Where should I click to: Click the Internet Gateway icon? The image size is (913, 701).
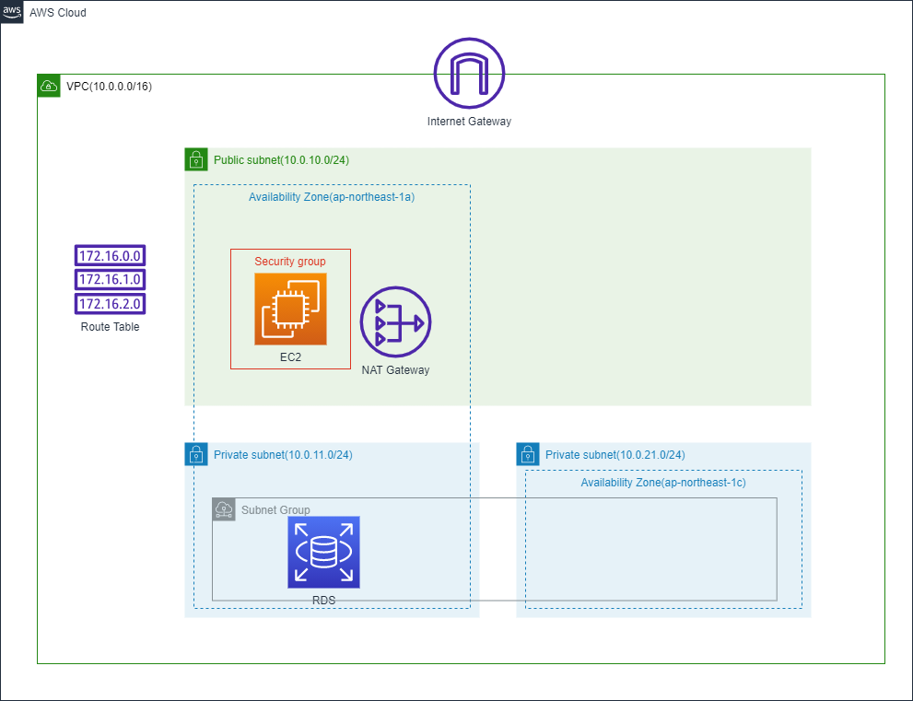pos(469,73)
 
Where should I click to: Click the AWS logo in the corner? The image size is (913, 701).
pos(12,12)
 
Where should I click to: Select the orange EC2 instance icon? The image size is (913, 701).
pos(290,309)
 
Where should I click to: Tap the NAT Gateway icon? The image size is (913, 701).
pos(395,322)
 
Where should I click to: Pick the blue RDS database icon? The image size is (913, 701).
pos(323,552)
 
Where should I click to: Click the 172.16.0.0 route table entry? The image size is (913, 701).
pos(111,256)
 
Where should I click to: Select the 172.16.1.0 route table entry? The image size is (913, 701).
pos(111,279)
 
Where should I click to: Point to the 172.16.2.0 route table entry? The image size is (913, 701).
pos(111,303)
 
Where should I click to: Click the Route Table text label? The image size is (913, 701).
pos(111,326)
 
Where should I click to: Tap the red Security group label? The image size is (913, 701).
pos(290,262)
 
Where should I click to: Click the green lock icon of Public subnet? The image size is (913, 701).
pos(196,159)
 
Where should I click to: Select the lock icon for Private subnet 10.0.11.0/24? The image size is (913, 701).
pos(196,454)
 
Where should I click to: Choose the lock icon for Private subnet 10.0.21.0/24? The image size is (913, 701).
pos(528,454)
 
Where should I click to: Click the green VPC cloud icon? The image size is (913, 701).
pos(49,87)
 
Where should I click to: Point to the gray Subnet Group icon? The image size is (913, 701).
pos(224,509)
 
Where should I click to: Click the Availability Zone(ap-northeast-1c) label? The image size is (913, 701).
pos(662,483)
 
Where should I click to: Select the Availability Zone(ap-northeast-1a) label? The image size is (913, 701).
pos(331,197)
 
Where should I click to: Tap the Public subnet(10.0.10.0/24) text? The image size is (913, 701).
pos(281,160)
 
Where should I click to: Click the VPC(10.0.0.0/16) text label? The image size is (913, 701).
pos(110,87)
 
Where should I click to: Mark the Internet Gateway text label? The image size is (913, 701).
pos(469,122)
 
